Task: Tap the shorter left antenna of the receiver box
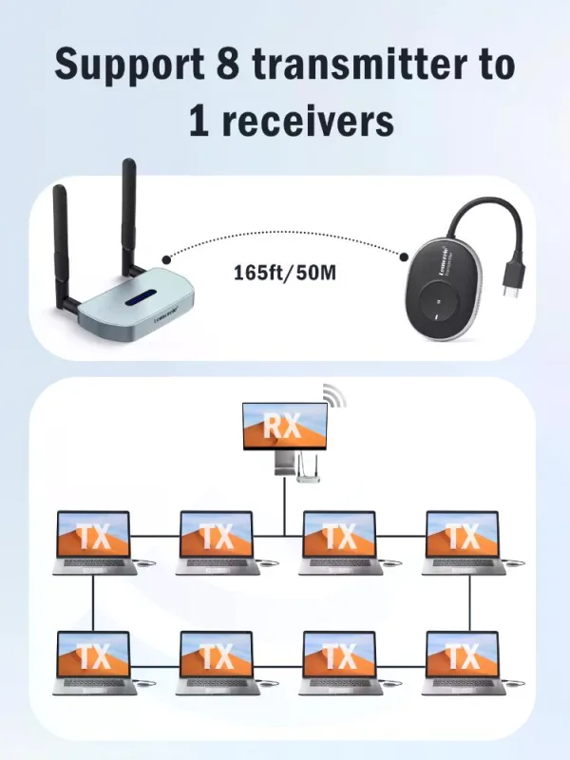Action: pyautogui.click(x=62, y=237)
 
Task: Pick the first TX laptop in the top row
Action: pyautogui.click(x=93, y=541)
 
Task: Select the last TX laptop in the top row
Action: pyautogui.click(x=462, y=541)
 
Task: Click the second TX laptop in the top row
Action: pyautogui.click(x=217, y=541)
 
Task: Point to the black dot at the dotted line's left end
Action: pyautogui.click(x=166, y=257)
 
